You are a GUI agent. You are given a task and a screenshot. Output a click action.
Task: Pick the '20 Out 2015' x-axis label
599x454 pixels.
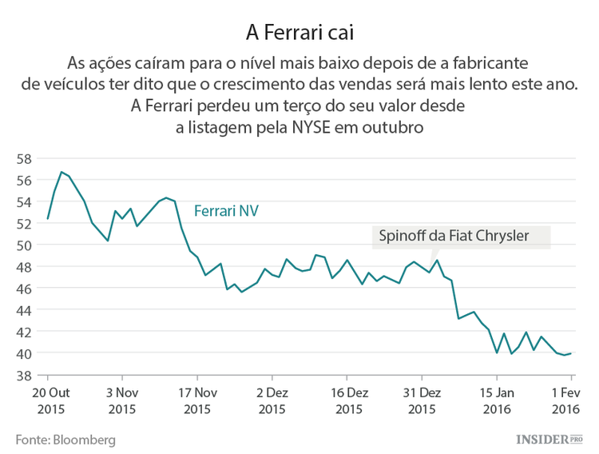(x=47, y=400)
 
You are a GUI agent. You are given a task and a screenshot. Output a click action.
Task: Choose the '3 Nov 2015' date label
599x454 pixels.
(x=121, y=400)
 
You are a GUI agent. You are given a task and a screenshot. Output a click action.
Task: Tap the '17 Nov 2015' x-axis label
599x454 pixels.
(x=196, y=400)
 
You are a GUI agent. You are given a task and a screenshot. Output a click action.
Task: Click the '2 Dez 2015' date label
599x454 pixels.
(x=272, y=400)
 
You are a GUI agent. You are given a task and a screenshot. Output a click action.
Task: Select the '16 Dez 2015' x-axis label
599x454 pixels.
(x=347, y=400)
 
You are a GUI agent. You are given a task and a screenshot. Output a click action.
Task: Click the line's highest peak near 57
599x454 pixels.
(x=61, y=172)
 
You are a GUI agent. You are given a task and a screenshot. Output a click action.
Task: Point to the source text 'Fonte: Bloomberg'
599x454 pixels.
(x=65, y=440)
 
